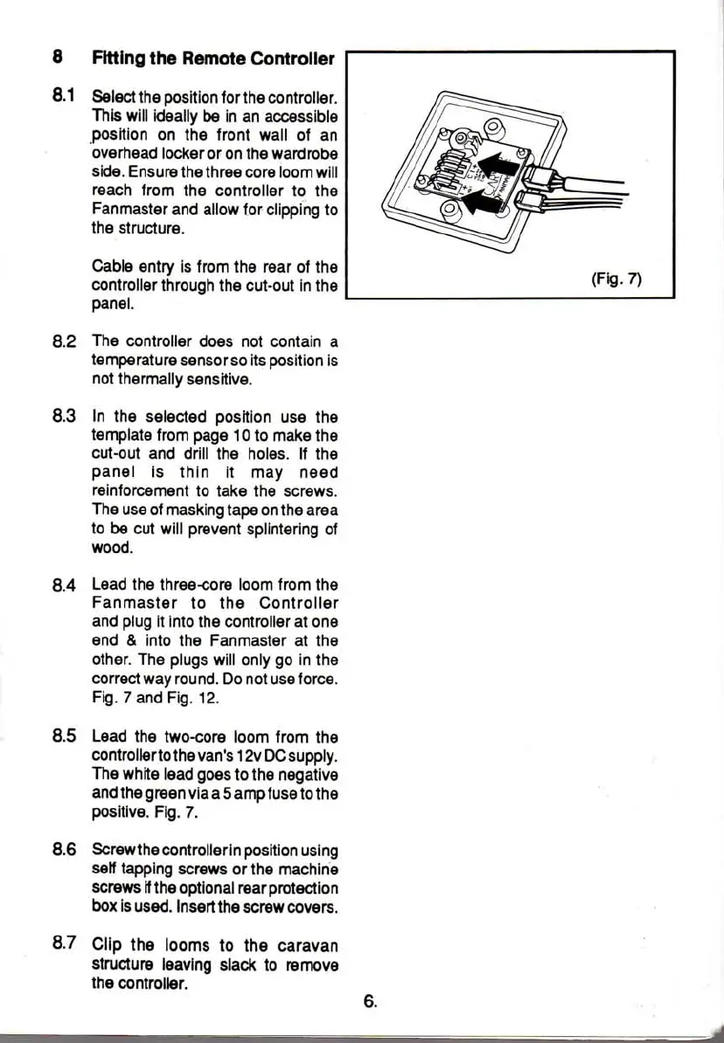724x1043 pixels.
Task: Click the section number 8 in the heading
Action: pos(57,59)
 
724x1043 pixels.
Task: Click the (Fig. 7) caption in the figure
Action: pos(617,280)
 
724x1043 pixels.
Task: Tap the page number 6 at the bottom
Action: pos(370,1002)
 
